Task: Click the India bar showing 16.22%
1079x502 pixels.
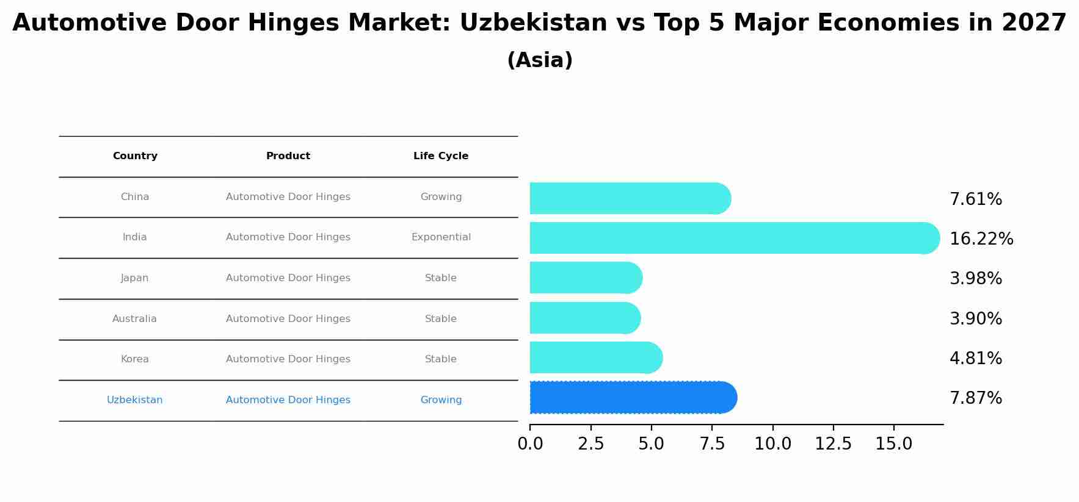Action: (x=733, y=238)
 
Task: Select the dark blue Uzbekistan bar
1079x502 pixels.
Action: (x=632, y=398)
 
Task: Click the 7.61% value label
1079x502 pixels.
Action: (x=975, y=199)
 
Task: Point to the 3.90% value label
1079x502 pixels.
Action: (x=975, y=319)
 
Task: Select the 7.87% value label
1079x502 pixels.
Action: (x=975, y=398)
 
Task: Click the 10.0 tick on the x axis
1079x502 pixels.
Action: (x=772, y=444)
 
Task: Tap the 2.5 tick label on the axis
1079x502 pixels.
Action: (x=590, y=444)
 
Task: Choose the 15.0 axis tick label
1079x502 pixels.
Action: (x=893, y=444)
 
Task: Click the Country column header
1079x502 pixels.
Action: (x=135, y=156)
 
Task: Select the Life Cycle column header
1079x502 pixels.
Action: (x=441, y=156)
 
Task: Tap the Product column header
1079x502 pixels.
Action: (x=288, y=156)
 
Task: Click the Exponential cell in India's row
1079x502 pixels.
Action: (x=441, y=237)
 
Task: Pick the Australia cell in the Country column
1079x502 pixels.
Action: (x=134, y=319)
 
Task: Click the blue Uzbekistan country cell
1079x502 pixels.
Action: (x=134, y=400)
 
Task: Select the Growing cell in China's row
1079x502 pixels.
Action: (x=441, y=197)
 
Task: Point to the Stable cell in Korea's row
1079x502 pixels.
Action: (x=441, y=359)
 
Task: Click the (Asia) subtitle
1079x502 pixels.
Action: (x=540, y=60)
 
